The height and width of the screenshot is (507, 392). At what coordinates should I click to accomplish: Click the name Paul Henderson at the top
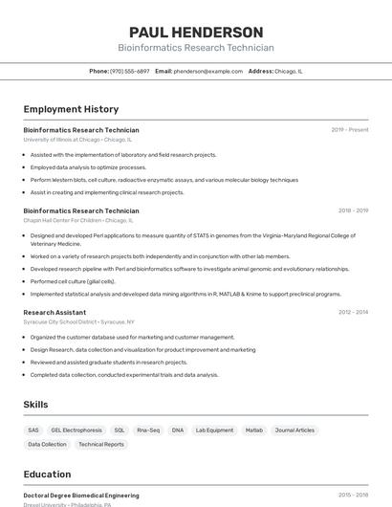[196, 33]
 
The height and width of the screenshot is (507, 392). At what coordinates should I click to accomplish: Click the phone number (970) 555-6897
[129, 71]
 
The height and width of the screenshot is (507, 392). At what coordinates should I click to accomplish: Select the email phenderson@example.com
[208, 71]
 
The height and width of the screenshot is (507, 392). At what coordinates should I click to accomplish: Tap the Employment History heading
[71, 109]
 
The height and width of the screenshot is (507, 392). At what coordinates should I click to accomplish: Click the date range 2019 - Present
[350, 130]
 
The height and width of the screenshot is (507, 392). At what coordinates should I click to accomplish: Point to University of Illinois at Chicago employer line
[77, 140]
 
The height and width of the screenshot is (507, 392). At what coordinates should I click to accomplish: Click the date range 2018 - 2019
[353, 210]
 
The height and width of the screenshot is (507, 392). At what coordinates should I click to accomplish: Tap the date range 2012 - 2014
[353, 312]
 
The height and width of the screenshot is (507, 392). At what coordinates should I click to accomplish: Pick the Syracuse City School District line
[78, 322]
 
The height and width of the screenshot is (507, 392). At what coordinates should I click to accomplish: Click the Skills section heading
[35, 405]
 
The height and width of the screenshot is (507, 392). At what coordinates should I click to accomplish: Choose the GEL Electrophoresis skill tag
[76, 430]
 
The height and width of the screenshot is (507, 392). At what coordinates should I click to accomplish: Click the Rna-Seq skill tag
[148, 430]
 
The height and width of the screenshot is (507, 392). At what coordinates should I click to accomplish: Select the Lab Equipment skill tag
[214, 430]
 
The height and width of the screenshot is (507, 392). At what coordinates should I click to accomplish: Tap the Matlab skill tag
[253, 430]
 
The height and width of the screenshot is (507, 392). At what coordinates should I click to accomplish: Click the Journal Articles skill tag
[294, 430]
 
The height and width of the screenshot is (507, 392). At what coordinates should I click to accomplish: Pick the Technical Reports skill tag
[100, 445]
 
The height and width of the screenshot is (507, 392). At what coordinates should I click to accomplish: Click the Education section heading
[47, 474]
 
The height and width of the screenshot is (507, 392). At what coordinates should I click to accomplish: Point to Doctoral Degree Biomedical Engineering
[81, 496]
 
